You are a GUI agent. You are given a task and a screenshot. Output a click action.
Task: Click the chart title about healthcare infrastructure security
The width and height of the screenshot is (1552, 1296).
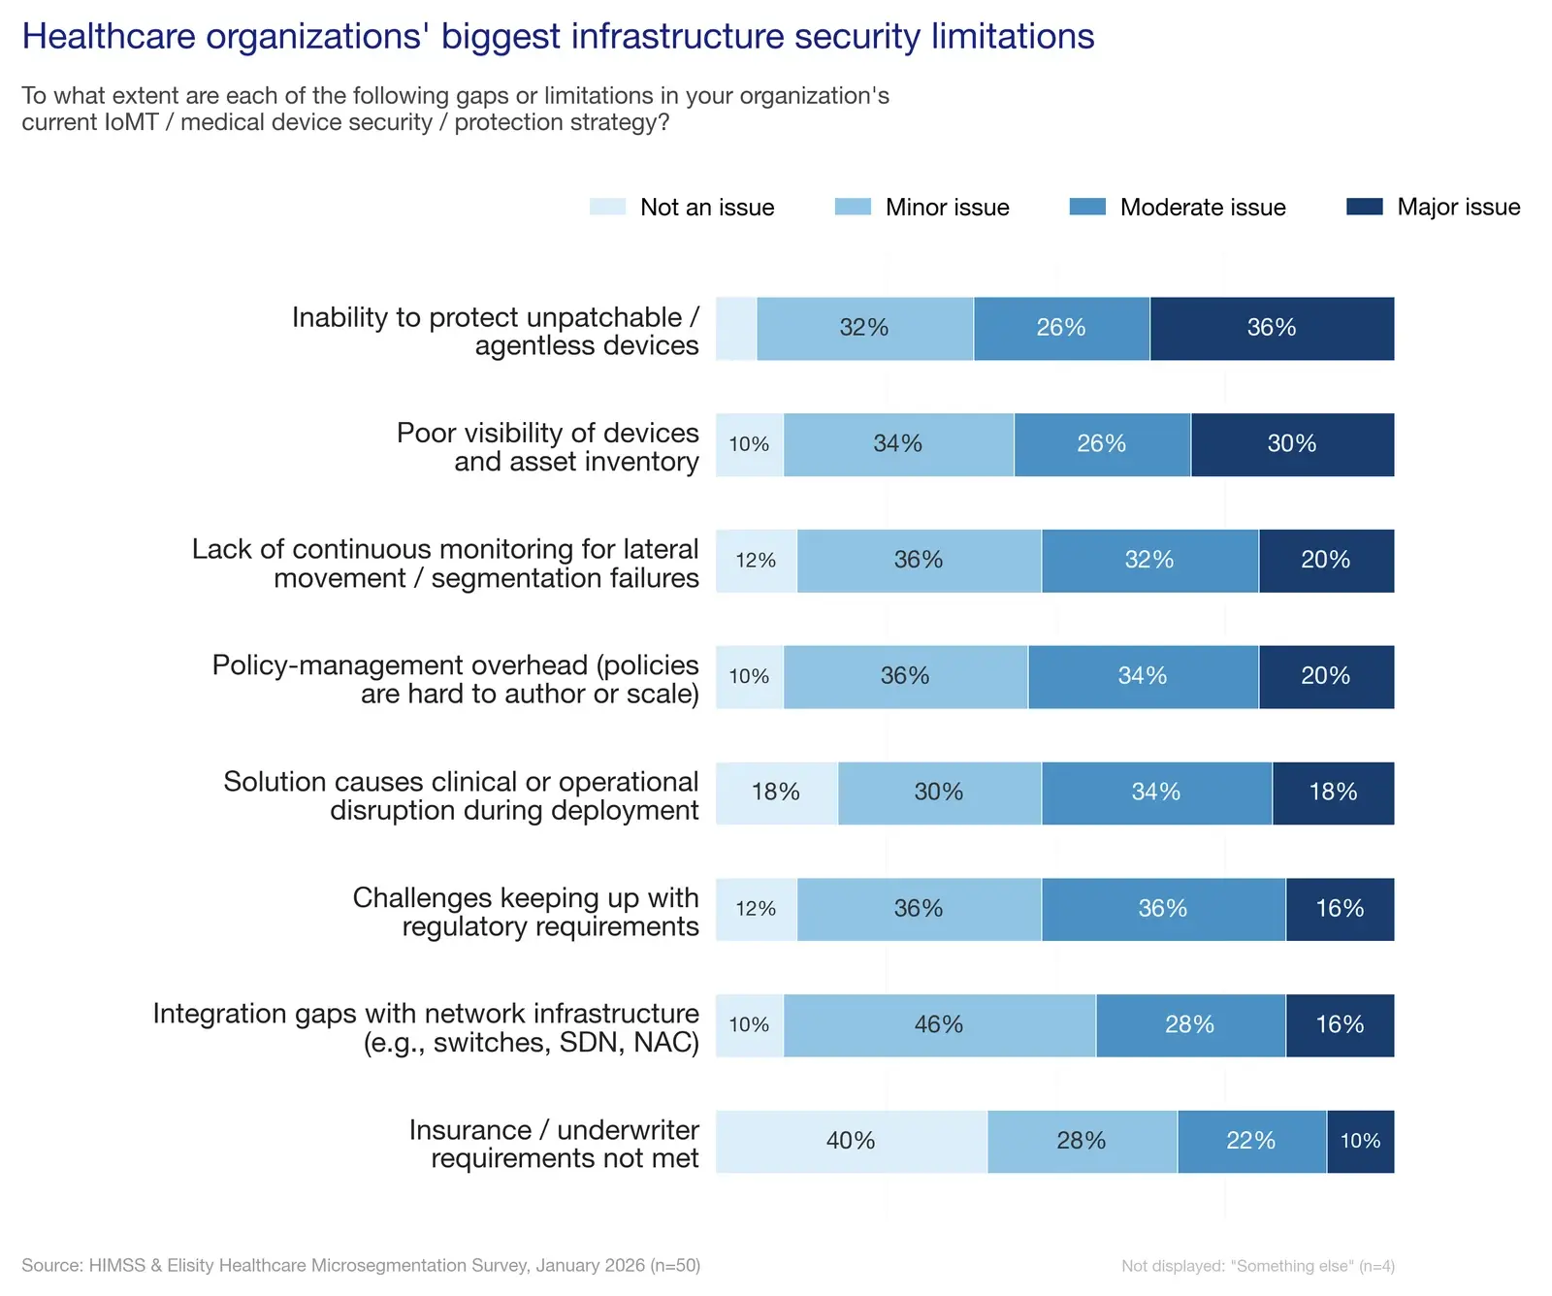(558, 37)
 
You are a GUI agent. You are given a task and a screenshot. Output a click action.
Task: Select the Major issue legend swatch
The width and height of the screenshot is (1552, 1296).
(1364, 207)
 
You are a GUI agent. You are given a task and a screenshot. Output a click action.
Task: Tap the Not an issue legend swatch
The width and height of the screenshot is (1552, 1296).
(607, 207)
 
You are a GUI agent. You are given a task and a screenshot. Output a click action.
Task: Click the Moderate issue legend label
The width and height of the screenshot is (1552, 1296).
(1202, 208)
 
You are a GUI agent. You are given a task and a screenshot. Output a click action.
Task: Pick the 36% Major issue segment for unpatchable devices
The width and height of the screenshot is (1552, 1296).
(1272, 329)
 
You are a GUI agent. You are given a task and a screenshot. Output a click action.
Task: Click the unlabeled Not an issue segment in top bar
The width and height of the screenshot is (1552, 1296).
(736, 329)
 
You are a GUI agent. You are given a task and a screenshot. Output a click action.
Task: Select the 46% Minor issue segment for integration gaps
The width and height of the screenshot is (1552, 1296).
(939, 1025)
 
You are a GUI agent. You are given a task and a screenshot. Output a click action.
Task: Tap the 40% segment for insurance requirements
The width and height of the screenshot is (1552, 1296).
(851, 1142)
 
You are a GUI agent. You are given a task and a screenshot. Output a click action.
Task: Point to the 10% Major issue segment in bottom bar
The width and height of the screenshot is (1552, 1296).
(1360, 1142)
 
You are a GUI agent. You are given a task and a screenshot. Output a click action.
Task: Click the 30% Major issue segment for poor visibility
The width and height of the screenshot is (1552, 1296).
(1292, 445)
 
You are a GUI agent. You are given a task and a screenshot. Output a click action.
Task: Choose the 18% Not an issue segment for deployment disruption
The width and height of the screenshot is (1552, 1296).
(776, 794)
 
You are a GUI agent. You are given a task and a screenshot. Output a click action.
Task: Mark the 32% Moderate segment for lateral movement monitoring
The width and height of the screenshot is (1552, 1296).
(1149, 561)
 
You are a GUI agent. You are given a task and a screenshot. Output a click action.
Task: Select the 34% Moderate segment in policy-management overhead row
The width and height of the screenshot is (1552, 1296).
(1143, 677)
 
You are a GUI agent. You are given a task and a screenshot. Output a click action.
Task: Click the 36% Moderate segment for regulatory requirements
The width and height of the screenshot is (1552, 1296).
(1163, 909)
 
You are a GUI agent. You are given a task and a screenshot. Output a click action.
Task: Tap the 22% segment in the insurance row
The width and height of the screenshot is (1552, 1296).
(1251, 1142)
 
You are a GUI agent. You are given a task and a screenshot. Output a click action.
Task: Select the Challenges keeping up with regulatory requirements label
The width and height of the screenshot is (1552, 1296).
(525, 912)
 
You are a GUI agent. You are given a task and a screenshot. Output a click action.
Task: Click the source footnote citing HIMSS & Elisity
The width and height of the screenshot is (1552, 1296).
(361, 1265)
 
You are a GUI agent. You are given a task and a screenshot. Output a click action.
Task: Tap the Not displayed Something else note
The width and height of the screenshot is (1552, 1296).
(1257, 1266)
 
